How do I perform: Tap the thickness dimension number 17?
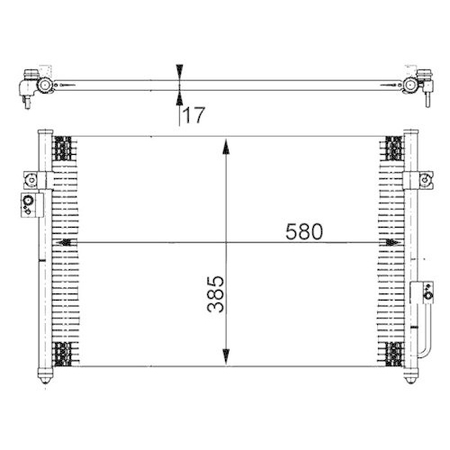pyautogui.click(x=193, y=114)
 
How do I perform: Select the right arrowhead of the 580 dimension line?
pyautogui.click(x=391, y=243)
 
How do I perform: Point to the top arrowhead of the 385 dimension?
pyautogui.click(x=226, y=145)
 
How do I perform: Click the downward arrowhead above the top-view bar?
pyautogui.click(x=181, y=71)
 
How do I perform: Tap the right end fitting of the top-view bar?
pyautogui.click(x=415, y=86)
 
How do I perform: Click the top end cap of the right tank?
pyautogui.click(x=409, y=134)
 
